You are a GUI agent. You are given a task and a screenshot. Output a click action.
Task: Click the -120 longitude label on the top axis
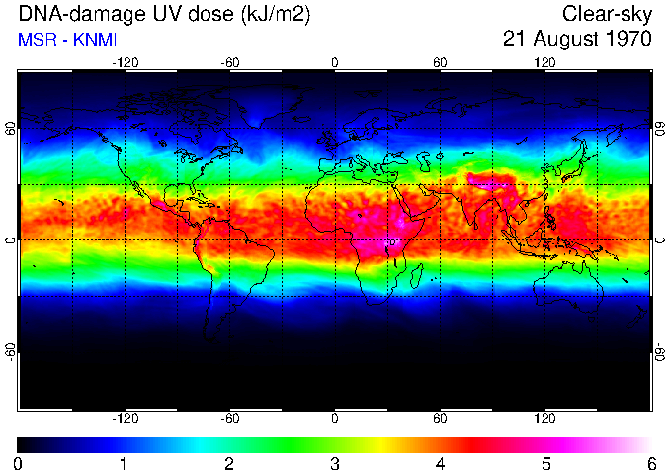click(125, 62)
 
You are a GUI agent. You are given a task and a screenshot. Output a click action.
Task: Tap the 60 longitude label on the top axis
click(440, 62)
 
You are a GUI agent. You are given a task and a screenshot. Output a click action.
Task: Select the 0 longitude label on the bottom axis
click(335, 418)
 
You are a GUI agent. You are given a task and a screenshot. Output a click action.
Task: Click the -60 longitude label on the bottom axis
click(229, 418)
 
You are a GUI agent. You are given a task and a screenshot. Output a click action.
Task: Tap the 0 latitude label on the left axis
click(10, 239)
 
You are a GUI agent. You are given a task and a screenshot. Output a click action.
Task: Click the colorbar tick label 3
click(334, 463)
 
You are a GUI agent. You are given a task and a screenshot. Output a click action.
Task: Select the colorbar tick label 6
click(650, 463)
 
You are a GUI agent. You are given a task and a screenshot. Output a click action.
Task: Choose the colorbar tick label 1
click(124, 463)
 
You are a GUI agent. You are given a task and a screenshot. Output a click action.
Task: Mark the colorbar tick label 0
click(19, 463)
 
